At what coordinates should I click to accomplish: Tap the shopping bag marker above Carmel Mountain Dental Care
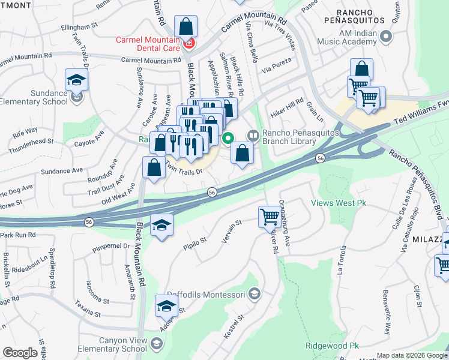pyautogui.click(x=186, y=27)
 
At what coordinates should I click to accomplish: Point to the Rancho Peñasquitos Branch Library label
pyautogui.click(x=289, y=137)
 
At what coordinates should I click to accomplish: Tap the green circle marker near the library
pyautogui.click(x=228, y=139)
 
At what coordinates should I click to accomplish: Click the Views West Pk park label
pyautogui.click(x=339, y=203)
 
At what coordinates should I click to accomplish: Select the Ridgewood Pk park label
pyautogui.click(x=332, y=346)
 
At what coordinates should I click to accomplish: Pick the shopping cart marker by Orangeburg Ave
pyautogui.click(x=270, y=217)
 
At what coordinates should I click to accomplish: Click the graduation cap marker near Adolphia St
pyautogui.click(x=166, y=306)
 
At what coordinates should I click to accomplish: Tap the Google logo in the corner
pyautogui.click(x=20, y=353)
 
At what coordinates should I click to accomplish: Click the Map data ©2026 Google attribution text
pyautogui.click(x=412, y=355)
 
